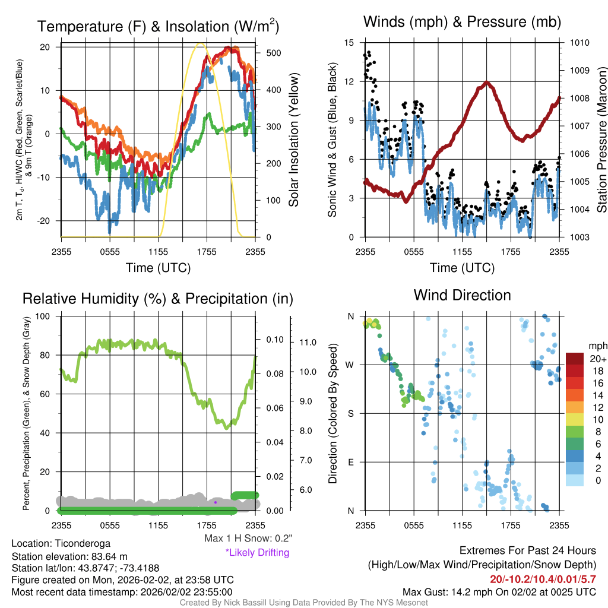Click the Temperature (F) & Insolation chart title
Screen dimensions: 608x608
(158, 26)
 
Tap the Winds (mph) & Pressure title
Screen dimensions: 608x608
(462, 21)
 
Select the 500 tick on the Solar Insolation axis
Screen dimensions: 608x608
(274, 53)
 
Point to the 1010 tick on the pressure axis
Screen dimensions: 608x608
(579, 42)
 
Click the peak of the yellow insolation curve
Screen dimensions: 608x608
(200, 43)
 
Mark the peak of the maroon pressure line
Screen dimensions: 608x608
(487, 82)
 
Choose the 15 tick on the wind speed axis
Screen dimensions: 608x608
(349, 42)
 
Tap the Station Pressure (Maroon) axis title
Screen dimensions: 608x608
(601, 140)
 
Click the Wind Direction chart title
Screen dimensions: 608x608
(462, 295)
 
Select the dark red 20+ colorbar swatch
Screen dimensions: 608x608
(575, 359)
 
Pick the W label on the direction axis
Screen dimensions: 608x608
(350, 365)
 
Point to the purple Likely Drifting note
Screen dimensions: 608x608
(258, 552)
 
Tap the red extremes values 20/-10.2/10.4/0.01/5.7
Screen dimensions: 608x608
(543, 579)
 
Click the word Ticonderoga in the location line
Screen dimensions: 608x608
(83, 543)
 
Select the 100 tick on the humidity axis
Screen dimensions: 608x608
(43, 316)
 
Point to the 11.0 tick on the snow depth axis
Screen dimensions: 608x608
(308, 343)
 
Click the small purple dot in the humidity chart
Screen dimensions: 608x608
(216, 502)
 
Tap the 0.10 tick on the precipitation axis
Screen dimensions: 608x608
(275, 340)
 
